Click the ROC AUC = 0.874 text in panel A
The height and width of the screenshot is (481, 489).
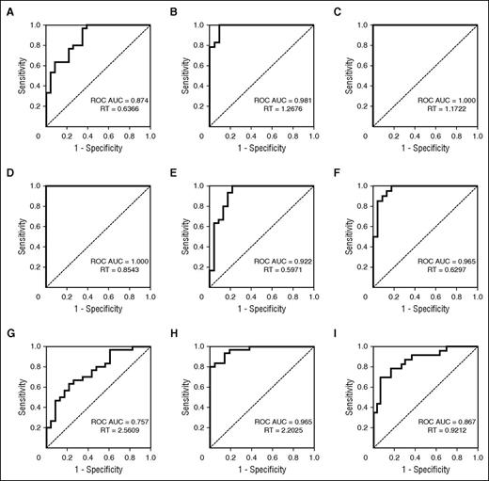click(x=110, y=98)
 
